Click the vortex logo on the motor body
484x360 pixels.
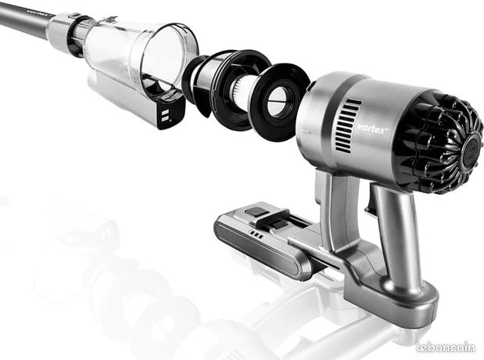(x=372, y=128)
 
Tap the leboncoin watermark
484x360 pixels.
(x=446, y=347)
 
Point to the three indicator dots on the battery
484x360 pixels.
(x=256, y=234)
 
